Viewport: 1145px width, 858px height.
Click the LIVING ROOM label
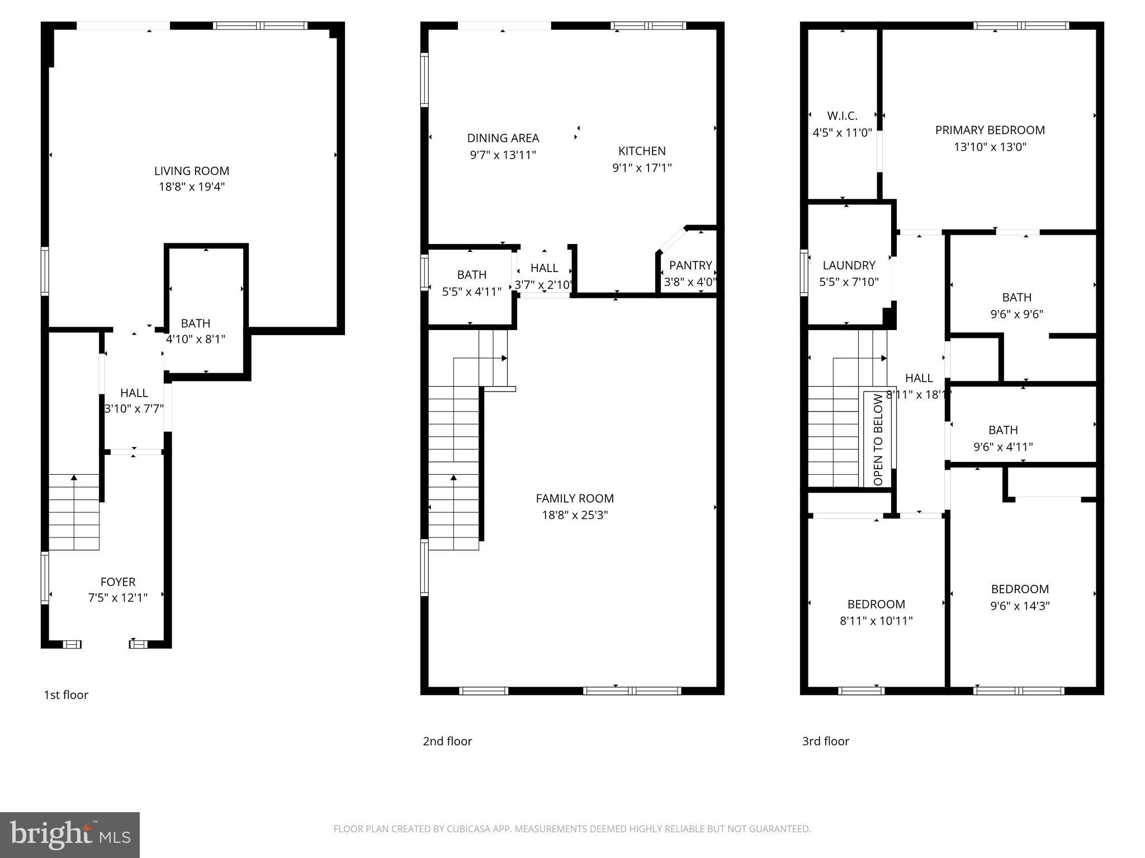[191, 171]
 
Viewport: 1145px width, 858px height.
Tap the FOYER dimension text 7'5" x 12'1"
[117, 598]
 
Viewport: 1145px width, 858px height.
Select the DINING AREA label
[503, 138]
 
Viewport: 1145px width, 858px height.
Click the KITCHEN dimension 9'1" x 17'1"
[642, 168]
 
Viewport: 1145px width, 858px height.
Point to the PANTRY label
[690, 265]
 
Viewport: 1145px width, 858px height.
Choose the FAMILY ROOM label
[574, 498]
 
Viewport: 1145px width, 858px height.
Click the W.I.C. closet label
[842, 116]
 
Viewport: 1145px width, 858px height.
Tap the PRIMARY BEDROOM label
[990, 130]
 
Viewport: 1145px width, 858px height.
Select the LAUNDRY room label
[849, 265]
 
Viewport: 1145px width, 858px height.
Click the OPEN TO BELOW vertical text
[878, 439]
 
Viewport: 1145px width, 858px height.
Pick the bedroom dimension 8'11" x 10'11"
[876, 621]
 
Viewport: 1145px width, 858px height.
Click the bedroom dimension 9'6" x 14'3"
[1019, 606]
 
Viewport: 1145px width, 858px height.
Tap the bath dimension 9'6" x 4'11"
[1002, 447]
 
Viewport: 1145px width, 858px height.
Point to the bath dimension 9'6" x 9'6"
[1016, 314]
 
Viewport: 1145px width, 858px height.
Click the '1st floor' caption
[66, 695]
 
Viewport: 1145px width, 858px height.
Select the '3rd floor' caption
[825, 741]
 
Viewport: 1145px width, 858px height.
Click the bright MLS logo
[69, 835]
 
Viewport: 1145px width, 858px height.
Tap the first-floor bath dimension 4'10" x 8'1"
[195, 339]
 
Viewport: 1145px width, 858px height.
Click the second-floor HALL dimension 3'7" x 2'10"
[543, 285]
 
